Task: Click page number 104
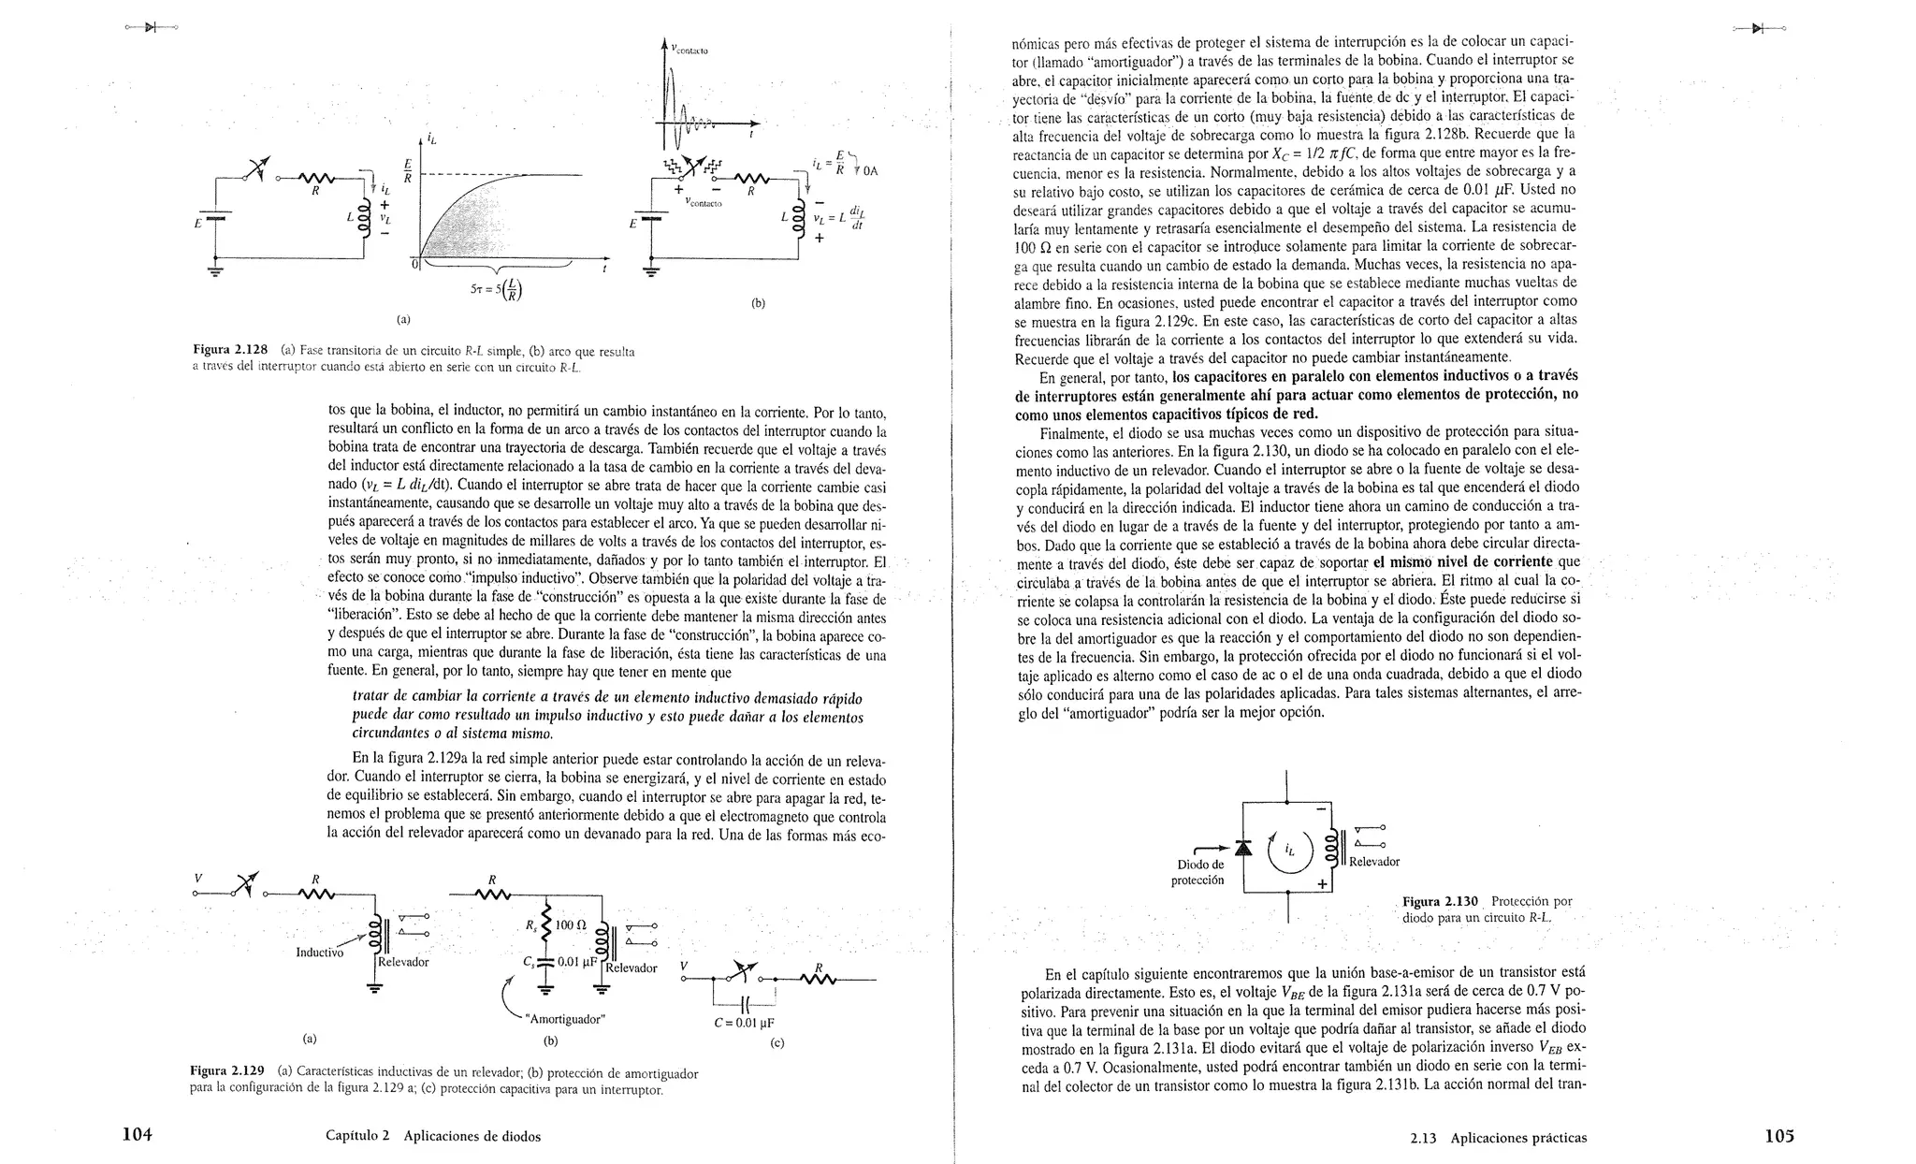pos(137,1135)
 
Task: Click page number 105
pos(1779,1136)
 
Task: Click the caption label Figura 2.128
pos(230,351)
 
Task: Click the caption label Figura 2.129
pos(227,1071)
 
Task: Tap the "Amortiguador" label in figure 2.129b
pos(566,1019)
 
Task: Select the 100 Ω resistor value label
pos(570,925)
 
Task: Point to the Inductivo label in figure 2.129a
pos(319,953)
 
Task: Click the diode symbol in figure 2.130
pos(1242,847)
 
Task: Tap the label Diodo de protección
pos(1198,872)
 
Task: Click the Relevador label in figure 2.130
pos(1373,862)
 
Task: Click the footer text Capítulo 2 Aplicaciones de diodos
pos(433,1136)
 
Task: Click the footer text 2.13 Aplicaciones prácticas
pos(1499,1138)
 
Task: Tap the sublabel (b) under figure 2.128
pos(758,303)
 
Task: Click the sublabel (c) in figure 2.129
pos(776,1042)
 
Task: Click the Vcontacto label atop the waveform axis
pos(690,50)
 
